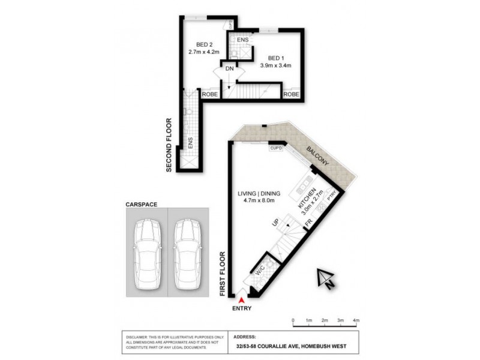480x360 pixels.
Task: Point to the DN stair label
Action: (229, 69)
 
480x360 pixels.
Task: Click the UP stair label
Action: (277, 223)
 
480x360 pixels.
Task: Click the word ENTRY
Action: (242, 308)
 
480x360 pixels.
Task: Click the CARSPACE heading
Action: (141, 204)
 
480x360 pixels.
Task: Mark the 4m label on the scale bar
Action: (356, 320)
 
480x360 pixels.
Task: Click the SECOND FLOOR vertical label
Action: (170, 145)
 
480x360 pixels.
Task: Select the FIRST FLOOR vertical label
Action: (222, 272)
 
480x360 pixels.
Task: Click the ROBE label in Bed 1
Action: (292, 94)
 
